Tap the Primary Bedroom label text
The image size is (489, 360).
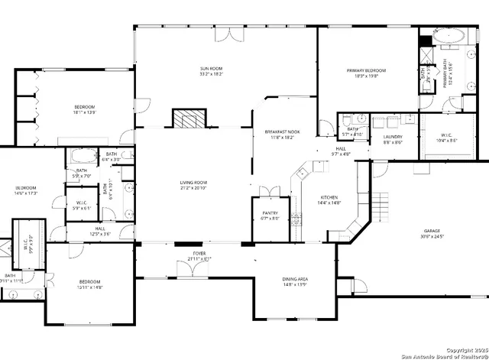click(367, 70)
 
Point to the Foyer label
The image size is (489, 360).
click(199, 253)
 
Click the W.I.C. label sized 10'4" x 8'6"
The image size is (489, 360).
click(446, 137)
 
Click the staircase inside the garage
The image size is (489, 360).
click(380, 204)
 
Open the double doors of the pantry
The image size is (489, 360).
click(265, 190)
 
